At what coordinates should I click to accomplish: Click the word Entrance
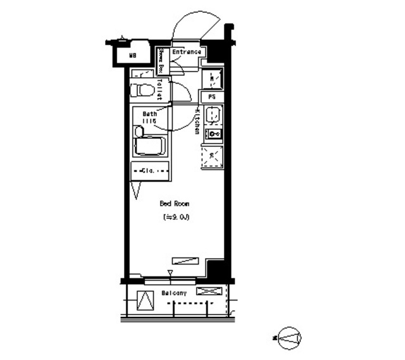point(187,52)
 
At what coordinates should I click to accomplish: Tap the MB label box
point(132,56)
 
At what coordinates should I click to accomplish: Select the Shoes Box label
point(161,61)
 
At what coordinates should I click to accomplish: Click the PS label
point(212,97)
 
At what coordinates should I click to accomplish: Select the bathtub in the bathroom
point(150,147)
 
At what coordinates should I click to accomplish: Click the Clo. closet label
point(150,170)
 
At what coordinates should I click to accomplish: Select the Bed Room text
point(173,204)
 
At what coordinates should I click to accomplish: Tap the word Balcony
point(173,294)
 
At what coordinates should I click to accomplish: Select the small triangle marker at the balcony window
point(170,273)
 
